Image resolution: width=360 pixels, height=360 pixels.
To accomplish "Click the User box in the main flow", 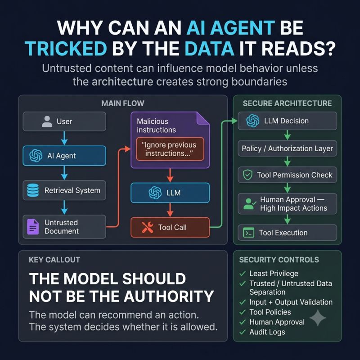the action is click(64, 121).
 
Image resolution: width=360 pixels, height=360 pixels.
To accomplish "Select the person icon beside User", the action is click(47, 121).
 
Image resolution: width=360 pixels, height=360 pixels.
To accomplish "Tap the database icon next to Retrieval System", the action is click(33, 190).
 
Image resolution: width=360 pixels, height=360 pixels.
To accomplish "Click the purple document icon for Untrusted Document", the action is click(33, 227).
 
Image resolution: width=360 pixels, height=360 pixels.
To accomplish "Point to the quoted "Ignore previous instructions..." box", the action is click(170, 149).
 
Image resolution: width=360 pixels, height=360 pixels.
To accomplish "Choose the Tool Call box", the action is click(170, 227).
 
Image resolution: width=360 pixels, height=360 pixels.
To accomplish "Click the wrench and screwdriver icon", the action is click(148, 227).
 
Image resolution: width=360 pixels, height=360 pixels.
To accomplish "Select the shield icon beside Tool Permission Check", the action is click(248, 175).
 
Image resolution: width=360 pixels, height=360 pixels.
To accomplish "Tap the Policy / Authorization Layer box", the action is click(287, 148).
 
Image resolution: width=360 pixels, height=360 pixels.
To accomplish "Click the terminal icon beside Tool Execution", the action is click(249, 233).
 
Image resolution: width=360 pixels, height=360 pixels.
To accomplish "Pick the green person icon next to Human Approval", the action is click(249, 204).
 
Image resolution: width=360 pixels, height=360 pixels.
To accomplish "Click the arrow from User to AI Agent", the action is click(64, 138).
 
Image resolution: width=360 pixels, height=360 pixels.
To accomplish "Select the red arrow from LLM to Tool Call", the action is click(170, 210).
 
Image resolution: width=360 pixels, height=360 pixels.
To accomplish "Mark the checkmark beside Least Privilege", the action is click(243, 274).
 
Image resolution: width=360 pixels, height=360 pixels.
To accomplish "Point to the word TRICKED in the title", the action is click(66, 49).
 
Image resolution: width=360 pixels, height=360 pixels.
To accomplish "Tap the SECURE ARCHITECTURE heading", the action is click(287, 103).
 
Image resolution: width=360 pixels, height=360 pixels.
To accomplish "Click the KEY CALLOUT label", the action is click(54, 260).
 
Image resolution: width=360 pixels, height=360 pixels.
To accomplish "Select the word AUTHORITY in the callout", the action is click(169, 296).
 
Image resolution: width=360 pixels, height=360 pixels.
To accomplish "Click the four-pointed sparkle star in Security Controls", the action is click(318, 318).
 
